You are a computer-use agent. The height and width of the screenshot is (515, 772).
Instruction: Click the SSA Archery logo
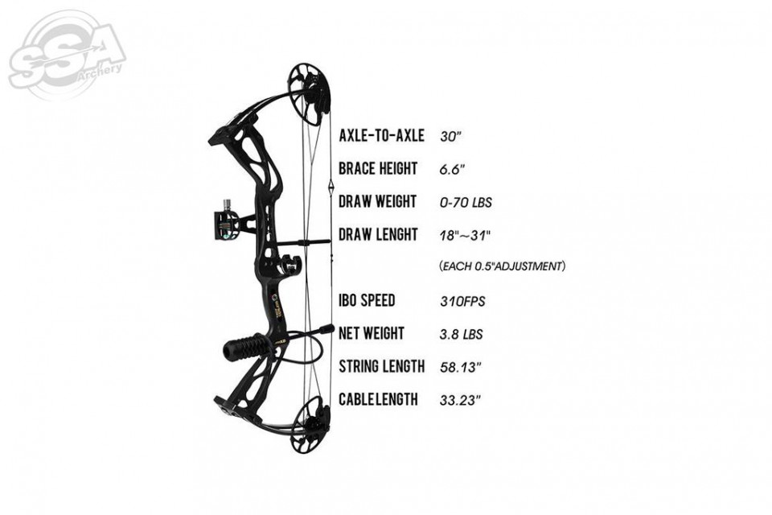[x=67, y=56]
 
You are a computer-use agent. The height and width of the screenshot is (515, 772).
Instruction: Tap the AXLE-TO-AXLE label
[x=381, y=135]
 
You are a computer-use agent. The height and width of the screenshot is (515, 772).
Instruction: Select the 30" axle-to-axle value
[x=450, y=136]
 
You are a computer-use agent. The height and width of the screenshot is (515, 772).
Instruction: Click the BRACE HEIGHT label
[x=378, y=168]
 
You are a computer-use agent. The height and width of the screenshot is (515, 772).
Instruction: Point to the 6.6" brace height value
[x=452, y=170]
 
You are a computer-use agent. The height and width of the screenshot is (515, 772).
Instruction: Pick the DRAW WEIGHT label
[x=378, y=201]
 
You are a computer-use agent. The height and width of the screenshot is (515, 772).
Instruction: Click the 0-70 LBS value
[x=466, y=203]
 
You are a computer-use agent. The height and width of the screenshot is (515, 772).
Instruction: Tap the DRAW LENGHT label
[x=378, y=235]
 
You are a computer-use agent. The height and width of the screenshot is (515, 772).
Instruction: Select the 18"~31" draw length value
[x=466, y=235]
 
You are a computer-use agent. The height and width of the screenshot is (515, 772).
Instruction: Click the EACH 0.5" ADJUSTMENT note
[x=502, y=266]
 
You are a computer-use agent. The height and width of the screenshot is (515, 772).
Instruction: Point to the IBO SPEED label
[x=367, y=300]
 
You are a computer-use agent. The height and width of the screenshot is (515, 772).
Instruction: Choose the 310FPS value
[x=462, y=301]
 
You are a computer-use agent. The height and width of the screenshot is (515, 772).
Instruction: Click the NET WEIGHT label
[x=372, y=333]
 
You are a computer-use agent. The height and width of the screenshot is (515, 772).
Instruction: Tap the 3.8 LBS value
[x=462, y=334]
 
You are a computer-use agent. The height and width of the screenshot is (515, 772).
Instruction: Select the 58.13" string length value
[x=460, y=367]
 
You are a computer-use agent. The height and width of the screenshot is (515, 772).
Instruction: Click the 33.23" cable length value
[x=460, y=400]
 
